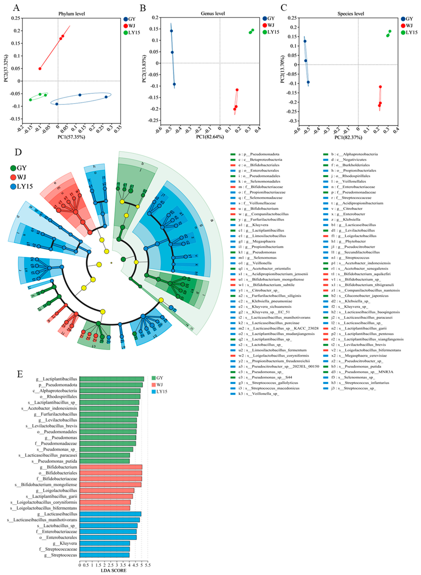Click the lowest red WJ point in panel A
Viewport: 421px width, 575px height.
click(40, 69)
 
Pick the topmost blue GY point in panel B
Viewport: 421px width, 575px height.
click(172, 31)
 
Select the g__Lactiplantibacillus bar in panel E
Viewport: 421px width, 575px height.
click(112, 379)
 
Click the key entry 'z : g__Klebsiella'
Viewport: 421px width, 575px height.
click(351, 219)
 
